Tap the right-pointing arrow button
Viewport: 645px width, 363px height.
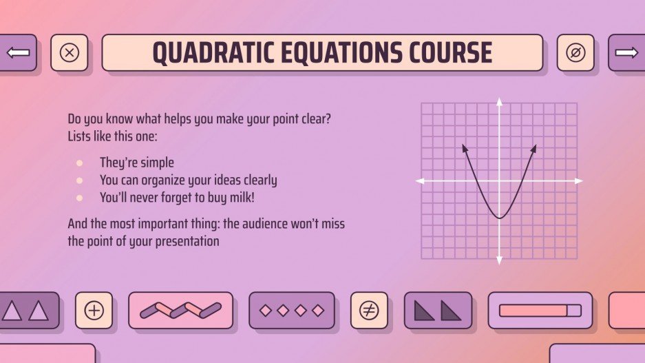click(626, 53)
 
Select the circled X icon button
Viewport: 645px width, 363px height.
click(70, 53)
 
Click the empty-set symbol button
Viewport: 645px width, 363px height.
click(575, 53)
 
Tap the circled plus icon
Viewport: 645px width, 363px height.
click(94, 310)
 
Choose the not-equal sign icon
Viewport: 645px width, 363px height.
click(369, 310)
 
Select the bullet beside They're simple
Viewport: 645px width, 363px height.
click(80, 163)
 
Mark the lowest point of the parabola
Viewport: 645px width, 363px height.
click(500, 218)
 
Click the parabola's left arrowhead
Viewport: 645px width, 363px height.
click(464, 147)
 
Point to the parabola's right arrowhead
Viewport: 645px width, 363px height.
click(534, 147)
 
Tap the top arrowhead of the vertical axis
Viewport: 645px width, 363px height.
click(500, 101)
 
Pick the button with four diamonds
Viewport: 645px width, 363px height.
click(292, 310)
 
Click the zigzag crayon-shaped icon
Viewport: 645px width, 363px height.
click(180, 310)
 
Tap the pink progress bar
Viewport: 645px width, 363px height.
click(533, 311)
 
